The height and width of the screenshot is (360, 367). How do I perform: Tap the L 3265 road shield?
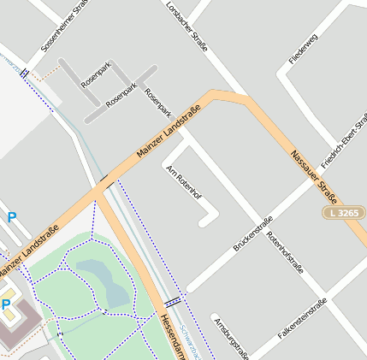tap(344, 211)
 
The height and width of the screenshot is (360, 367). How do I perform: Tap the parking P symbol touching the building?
tap(6, 304)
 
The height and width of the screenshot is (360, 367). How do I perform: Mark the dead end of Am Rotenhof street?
tap(201, 224)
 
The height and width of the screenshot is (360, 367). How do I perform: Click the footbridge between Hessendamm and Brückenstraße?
tap(174, 301)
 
